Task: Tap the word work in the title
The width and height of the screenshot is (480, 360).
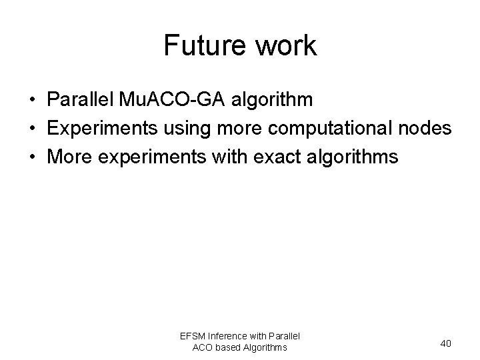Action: point(285,46)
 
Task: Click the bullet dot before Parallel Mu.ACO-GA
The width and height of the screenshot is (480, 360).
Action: point(32,100)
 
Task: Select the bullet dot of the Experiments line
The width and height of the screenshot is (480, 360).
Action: point(32,129)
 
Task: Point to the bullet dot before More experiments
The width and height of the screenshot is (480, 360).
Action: point(32,158)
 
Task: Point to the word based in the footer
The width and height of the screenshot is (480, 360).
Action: point(230,347)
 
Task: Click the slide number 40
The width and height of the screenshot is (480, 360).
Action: point(445,343)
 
